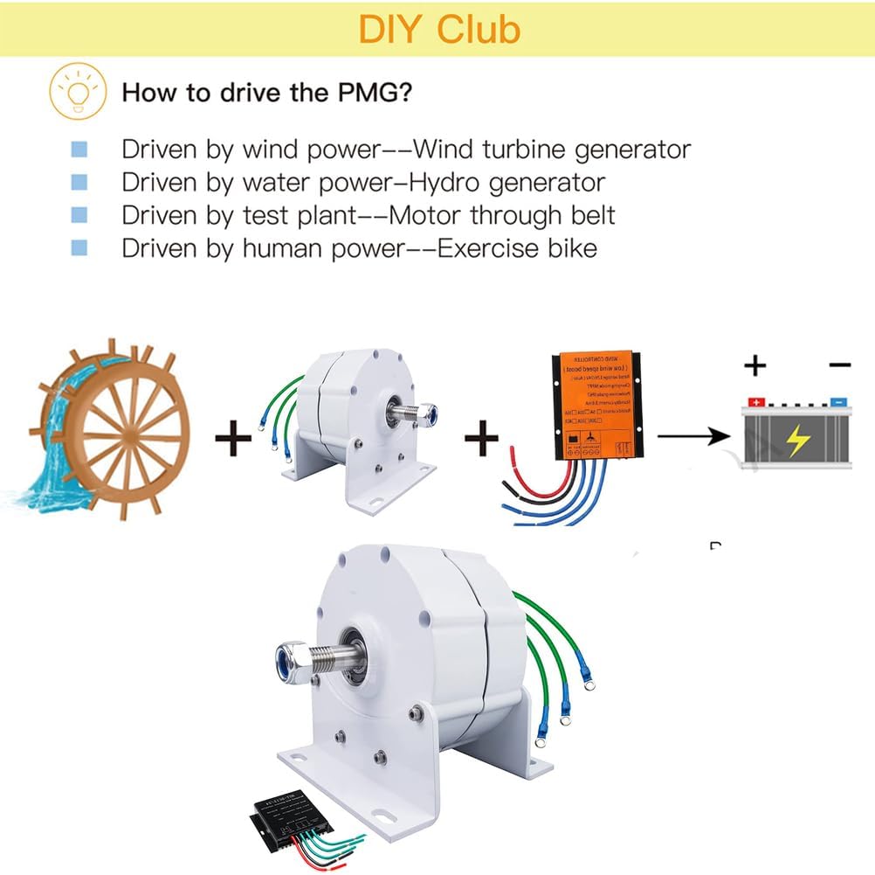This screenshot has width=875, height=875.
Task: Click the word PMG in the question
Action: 364,92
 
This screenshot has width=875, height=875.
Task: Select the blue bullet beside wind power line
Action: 79,149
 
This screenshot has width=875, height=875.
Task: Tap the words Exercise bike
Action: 517,248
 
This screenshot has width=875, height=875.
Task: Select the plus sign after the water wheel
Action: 233,437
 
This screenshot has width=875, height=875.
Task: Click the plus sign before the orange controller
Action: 481,437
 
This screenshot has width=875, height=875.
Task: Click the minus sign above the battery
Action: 839,365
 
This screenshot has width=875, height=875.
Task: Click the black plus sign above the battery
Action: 755,365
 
